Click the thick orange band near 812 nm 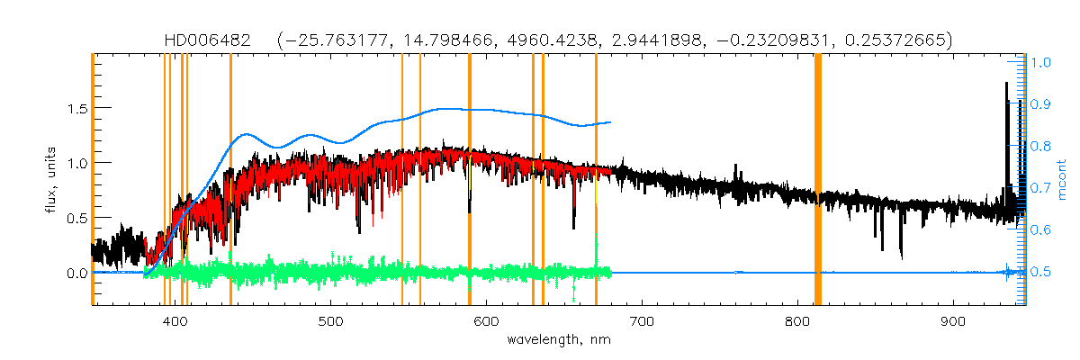coord(818,180)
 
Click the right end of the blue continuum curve coord(611,122)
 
